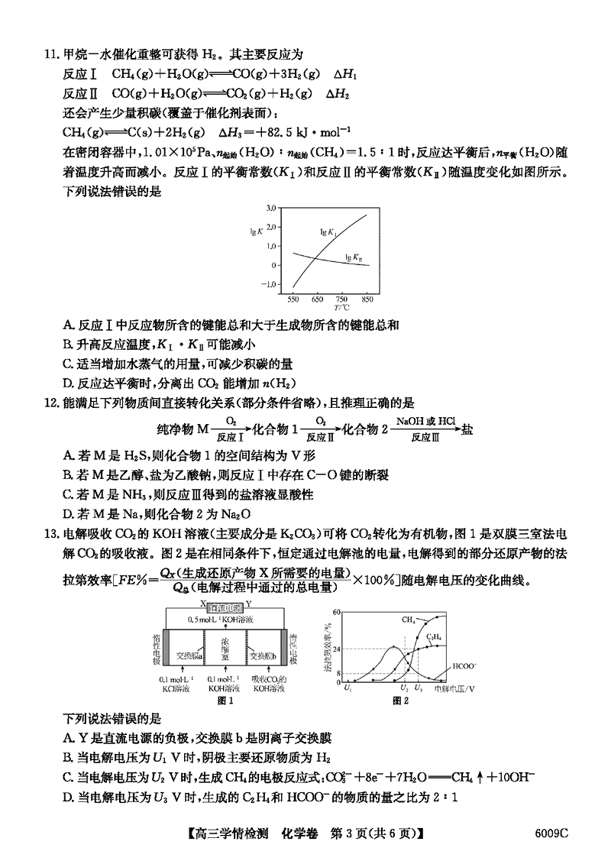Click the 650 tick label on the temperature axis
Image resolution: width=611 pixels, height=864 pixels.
coord(318,299)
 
